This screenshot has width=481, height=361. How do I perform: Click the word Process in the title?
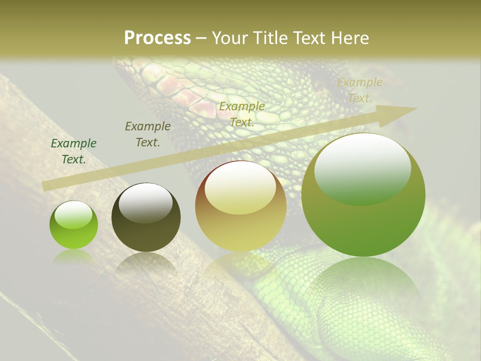[x=157, y=38]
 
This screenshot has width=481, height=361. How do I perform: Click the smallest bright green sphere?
[x=74, y=225]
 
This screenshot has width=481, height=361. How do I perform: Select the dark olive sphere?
[x=146, y=217]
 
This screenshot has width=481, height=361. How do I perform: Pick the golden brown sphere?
[x=241, y=206]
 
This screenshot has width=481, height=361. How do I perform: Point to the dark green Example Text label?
[x=74, y=151]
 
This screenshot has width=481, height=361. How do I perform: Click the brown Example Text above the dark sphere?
[x=148, y=134]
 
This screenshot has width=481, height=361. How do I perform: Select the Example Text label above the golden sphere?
[x=242, y=114]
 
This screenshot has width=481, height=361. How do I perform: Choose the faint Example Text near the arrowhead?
[x=360, y=90]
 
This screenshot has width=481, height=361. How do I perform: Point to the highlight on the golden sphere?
[x=240, y=188]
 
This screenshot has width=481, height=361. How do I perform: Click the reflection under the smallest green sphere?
[x=74, y=257]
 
